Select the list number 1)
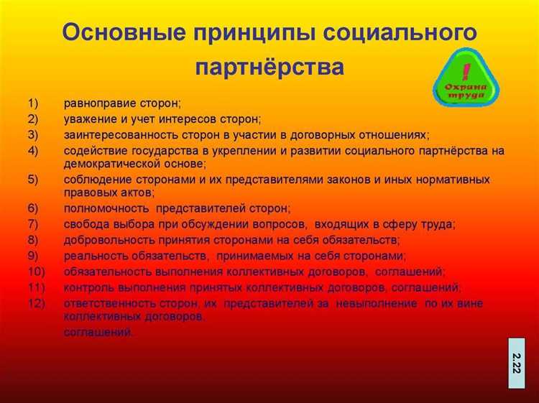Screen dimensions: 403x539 pyautogui.click(x=34, y=103)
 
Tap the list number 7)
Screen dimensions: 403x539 pyautogui.click(x=34, y=224)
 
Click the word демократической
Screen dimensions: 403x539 pyautogui.click(x=107, y=163)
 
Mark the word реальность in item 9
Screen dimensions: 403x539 pyautogui.click(x=93, y=256)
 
